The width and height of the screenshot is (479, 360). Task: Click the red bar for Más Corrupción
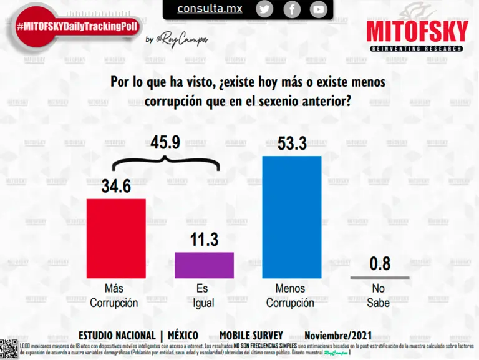click(115, 239)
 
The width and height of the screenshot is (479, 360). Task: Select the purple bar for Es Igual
click(204, 265)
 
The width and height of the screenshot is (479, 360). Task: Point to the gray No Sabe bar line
click(380, 277)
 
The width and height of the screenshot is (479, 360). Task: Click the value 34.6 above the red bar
click(115, 186)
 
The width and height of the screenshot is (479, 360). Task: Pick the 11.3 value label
click(204, 240)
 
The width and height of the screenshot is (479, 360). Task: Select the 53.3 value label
click(292, 144)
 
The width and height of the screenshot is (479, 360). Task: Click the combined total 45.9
click(165, 142)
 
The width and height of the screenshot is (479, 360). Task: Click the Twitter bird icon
click(264, 9)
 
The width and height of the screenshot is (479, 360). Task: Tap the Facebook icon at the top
click(292, 9)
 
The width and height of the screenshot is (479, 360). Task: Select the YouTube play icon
click(319, 9)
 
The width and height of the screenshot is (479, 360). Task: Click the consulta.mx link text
click(210, 9)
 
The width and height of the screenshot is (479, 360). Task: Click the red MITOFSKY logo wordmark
click(417, 32)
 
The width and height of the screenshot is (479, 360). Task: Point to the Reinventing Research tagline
click(417, 48)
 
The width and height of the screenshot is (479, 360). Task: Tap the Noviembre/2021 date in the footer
click(338, 335)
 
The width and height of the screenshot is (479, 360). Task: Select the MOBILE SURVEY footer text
click(251, 335)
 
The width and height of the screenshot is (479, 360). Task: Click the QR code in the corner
click(9, 349)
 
